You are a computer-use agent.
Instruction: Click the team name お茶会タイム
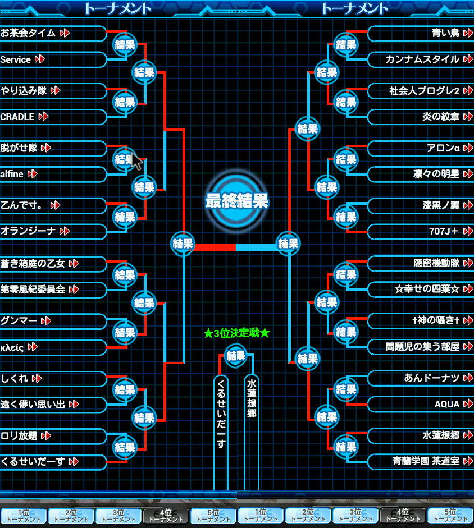28,33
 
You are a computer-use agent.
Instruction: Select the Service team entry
16,59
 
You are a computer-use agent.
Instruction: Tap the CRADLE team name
17,117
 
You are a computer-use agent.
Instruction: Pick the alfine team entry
12,174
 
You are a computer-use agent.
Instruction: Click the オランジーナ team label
28,231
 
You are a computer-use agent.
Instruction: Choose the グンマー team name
19,320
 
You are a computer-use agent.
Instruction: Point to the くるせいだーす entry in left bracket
33,461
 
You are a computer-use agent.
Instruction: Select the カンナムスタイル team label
422,59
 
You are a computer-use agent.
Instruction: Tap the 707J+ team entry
444,231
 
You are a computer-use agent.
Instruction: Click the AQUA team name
447,404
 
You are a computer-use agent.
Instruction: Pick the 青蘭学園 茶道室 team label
426,461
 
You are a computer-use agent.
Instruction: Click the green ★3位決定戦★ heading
236,333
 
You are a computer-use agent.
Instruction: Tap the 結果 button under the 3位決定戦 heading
236,356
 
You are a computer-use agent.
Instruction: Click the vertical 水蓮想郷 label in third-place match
252,398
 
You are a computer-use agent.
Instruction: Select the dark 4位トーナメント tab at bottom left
166,516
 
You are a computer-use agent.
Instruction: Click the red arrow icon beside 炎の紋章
468,117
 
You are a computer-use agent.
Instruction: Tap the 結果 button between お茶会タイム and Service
125,45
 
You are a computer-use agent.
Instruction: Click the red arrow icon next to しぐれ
37,379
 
